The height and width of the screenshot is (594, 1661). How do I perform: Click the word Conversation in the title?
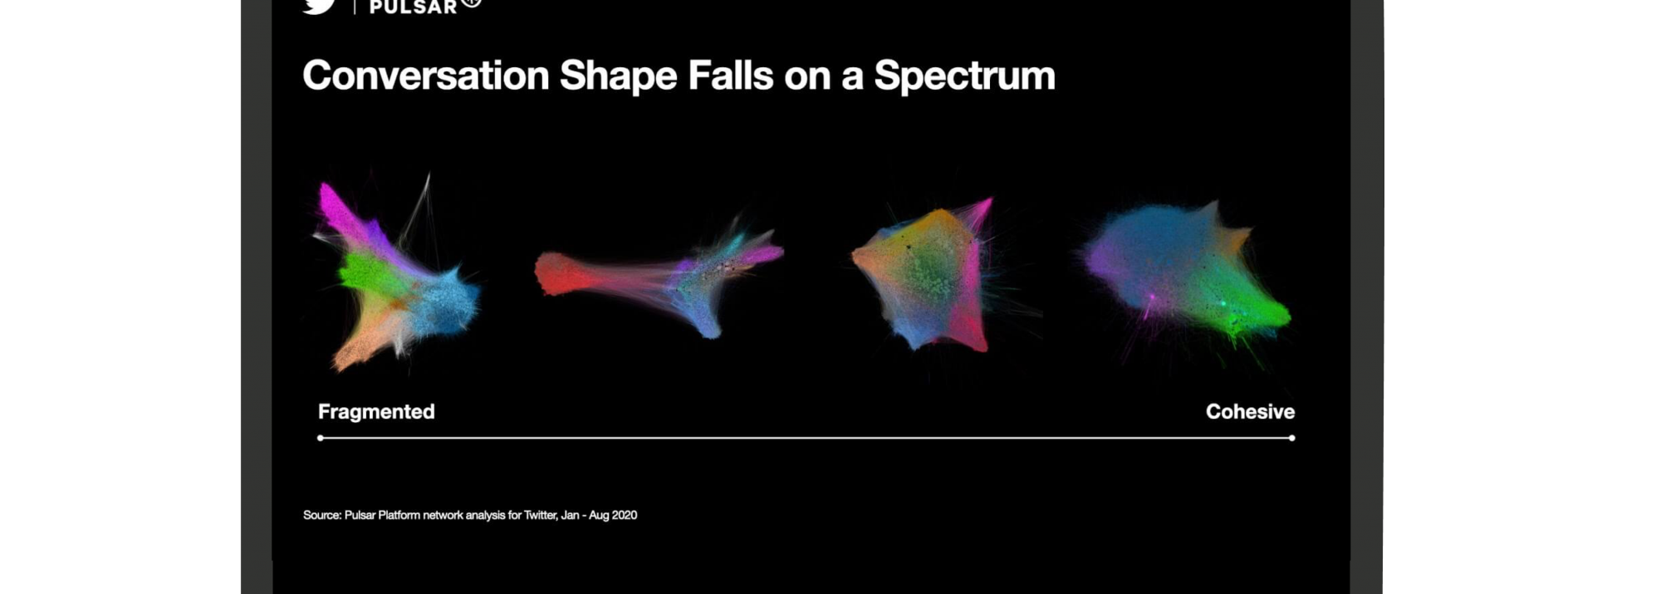click(x=426, y=76)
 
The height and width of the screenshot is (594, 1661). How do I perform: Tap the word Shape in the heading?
click(x=619, y=76)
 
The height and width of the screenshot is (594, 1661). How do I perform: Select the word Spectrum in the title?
click(x=964, y=76)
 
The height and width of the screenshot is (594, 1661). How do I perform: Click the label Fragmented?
click(x=376, y=411)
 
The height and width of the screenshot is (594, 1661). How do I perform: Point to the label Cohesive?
click(x=1250, y=411)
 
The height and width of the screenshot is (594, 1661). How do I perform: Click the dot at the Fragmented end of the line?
click(x=321, y=438)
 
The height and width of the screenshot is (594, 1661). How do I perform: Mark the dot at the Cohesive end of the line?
click(x=1291, y=438)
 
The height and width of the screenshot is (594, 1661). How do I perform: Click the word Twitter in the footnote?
click(x=540, y=515)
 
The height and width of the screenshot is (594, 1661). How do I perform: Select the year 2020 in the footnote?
click(x=625, y=515)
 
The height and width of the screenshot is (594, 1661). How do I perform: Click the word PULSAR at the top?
click(x=414, y=7)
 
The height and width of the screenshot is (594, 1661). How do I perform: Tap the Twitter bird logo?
click(x=319, y=6)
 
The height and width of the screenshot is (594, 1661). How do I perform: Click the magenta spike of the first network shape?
click(x=342, y=212)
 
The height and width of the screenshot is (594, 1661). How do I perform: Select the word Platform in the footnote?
click(x=399, y=515)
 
